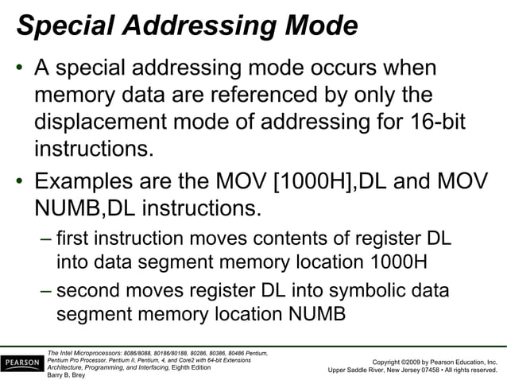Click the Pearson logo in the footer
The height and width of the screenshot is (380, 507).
tap(21, 363)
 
